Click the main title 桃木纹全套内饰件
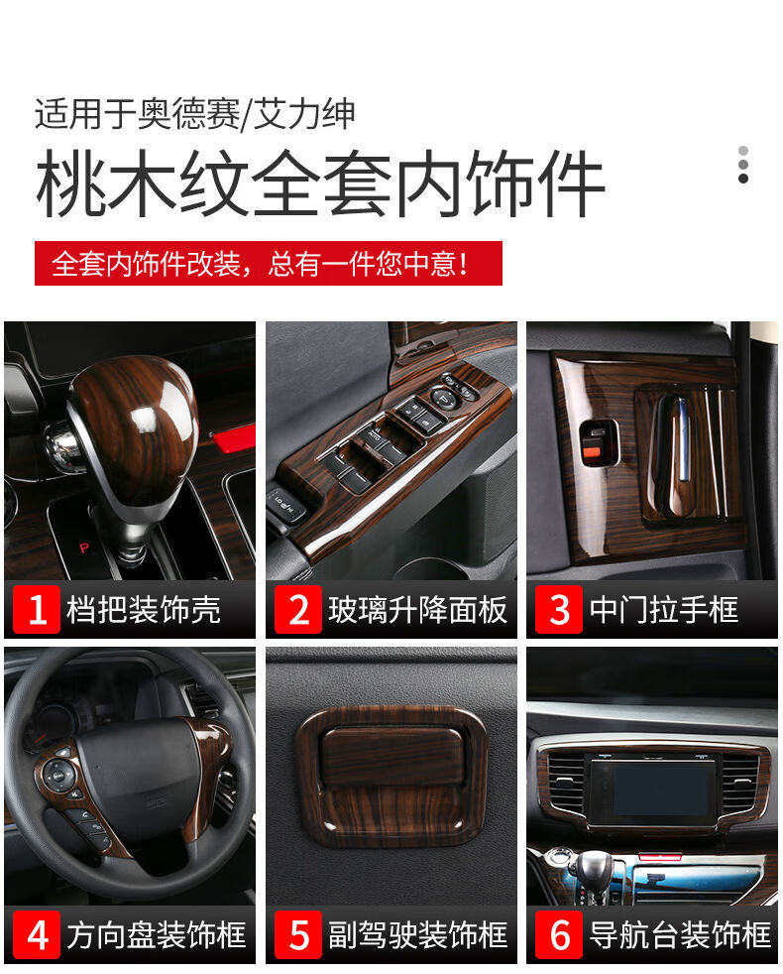319,184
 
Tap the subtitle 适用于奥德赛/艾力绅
195,115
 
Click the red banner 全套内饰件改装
268,264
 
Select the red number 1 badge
37,610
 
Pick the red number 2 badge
298,610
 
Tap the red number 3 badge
559,610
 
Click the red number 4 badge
37,935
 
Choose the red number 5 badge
298,935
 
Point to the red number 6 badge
559,935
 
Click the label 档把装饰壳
144,610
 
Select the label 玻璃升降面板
417,610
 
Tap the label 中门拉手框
664,610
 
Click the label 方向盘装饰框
157,935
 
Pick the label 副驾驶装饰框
417,935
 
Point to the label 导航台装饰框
679,935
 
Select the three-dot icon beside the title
742,165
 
